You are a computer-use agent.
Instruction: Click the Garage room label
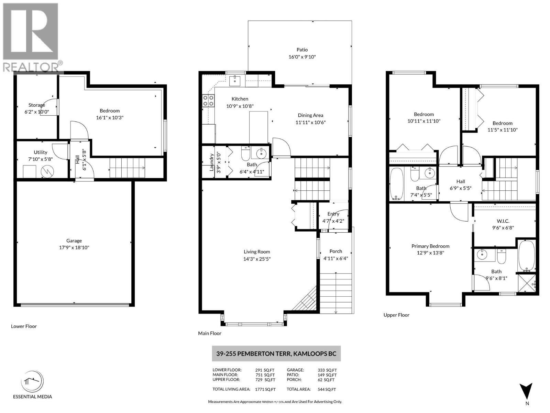pos(74,241)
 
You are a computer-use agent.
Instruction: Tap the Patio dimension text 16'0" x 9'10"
pos(302,57)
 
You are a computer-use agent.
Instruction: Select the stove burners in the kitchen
pos(208,100)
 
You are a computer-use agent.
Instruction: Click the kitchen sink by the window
pos(235,81)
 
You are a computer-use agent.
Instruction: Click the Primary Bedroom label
pos(430,246)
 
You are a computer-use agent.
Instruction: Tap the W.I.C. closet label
pos(503,221)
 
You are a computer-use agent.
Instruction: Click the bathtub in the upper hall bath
pos(397,184)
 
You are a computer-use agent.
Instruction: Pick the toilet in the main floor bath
pos(245,154)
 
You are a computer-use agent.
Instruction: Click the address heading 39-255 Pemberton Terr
pos(276,353)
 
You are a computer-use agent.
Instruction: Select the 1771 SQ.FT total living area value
pos(265,390)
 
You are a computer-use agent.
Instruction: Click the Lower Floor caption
pos(24,326)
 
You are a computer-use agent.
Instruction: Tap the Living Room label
pos(257,252)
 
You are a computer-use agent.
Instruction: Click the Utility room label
pos(41,152)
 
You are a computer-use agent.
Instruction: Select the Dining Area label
pos(310,115)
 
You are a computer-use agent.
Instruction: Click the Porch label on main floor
pos(335,251)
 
